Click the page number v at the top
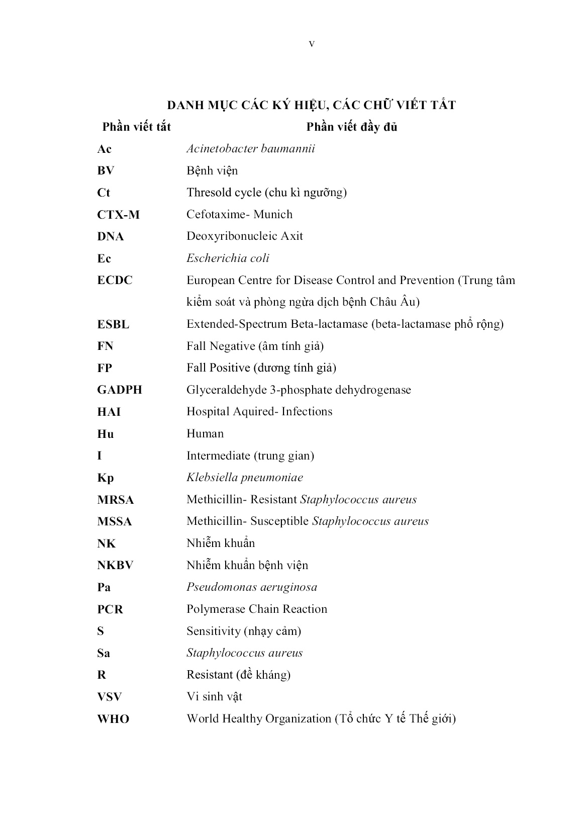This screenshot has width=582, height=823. (x=312, y=44)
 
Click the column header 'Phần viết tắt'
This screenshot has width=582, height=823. (x=136, y=127)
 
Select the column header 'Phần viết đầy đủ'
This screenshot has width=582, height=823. (x=352, y=127)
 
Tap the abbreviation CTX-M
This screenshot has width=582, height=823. (x=118, y=215)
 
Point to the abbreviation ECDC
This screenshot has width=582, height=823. (x=115, y=281)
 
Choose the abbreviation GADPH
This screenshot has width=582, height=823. (x=120, y=390)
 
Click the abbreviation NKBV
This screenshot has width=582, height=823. (x=115, y=566)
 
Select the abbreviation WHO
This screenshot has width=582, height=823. (x=113, y=719)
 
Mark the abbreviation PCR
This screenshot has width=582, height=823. (x=110, y=609)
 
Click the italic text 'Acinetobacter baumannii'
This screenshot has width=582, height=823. (x=251, y=149)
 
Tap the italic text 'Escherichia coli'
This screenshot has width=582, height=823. (x=228, y=258)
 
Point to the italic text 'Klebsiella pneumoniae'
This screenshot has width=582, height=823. (x=245, y=478)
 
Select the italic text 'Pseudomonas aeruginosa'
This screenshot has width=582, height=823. (x=252, y=587)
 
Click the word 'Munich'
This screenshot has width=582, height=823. (x=273, y=215)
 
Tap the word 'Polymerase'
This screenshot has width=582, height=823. (x=215, y=609)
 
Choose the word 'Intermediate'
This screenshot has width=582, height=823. (x=218, y=456)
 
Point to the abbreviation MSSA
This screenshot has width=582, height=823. (x=115, y=522)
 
